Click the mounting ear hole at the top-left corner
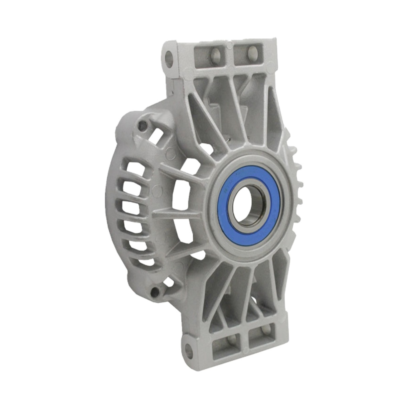click(x=169, y=59)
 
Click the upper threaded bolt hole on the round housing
click(x=143, y=126)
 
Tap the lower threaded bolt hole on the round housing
click(x=155, y=292)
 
